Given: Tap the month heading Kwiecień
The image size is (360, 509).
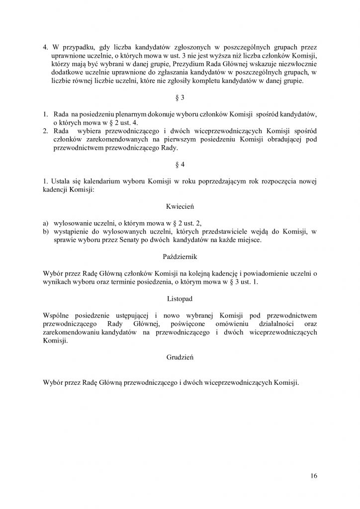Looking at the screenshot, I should tap(180, 204).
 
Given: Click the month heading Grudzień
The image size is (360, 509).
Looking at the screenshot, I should tap(180, 357).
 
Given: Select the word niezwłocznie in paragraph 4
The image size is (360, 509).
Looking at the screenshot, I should tap(297, 64).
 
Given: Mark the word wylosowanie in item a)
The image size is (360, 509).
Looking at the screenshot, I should tap(73, 223).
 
